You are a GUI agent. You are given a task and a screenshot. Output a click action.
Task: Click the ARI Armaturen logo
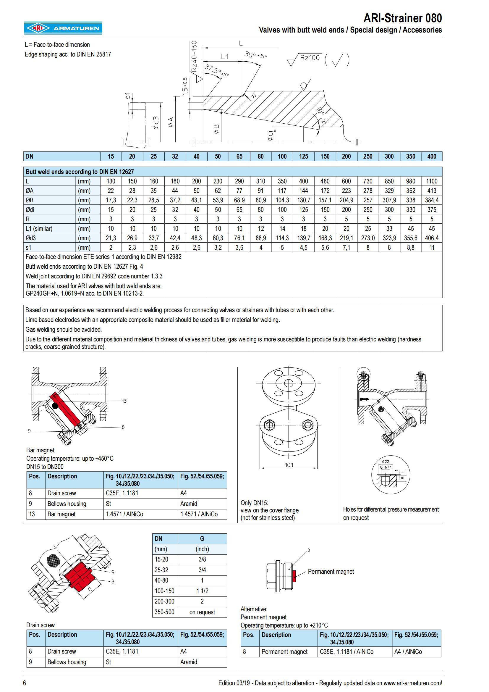[x=63, y=28]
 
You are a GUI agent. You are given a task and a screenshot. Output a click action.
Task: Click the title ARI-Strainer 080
[x=402, y=18]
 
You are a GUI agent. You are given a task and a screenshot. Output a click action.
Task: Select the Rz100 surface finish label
[x=310, y=58]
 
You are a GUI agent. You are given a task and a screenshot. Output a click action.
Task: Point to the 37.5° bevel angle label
[x=216, y=70]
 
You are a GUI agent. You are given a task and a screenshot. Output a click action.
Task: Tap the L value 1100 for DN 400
[x=431, y=181]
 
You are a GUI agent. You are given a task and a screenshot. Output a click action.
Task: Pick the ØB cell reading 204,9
[x=346, y=200]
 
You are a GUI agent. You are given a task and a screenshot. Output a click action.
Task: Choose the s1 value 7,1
[x=346, y=247]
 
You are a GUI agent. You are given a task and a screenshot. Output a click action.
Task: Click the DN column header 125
[x=303, y=157]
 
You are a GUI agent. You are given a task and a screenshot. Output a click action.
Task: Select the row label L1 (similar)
[x=39, y=228]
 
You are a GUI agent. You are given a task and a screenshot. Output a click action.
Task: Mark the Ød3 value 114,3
[x=282, y=238]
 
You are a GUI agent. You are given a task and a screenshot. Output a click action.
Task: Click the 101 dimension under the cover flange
[x=289, y=465]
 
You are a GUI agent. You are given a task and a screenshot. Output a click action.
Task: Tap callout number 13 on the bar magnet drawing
[x=124, y=401]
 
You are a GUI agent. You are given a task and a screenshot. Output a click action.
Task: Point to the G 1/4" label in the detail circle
[x=385, y=467]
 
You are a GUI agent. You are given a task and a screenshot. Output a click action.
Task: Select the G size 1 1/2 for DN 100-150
[x=202, y=591]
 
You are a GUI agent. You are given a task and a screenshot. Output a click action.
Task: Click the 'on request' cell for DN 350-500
[x=202, y=612]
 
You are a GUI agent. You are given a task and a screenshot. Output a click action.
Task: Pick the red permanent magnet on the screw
[x=294, y=576]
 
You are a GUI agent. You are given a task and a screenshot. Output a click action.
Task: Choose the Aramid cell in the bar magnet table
[x=189, y=504]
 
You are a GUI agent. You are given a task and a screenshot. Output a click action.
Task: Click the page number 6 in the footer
[x=25, y=683]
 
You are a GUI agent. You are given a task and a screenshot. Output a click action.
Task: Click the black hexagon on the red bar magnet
[x=55, y=406]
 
